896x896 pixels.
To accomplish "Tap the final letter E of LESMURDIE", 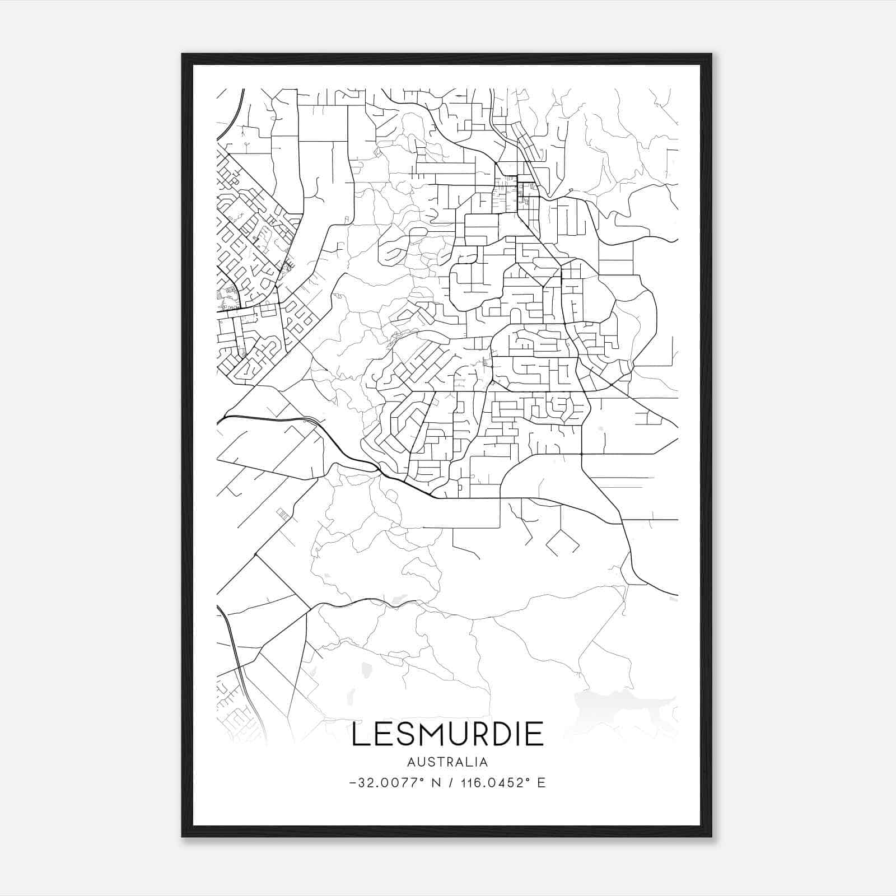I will (535, 734).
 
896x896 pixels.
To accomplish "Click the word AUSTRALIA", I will (447, 762).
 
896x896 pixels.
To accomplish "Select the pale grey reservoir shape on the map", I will (622, 707).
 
